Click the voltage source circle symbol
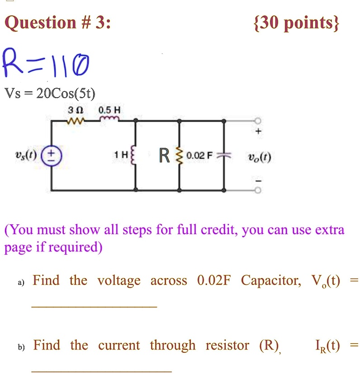[x=52, y=156]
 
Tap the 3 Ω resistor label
[x=76, y=110]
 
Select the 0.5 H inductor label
[x=109, y=110]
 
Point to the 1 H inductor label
[x=121, y=155]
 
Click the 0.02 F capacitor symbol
[x=224, y=156]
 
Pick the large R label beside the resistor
[x=164, y=156]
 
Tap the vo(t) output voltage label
[x=259, y=157]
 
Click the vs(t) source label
[x=26, y=156]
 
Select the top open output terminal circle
[x=258, y=121]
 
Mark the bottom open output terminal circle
[x=258, y=190]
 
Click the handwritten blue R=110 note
[x=46, y=62]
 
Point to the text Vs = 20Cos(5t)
[x=50, y=93]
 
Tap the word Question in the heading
[x=40, y=23]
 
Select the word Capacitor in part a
[x=271, y=280]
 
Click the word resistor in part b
[x=227, y=345]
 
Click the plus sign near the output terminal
[x=258, y=131]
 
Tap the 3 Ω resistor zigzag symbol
[x=76, y=121]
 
